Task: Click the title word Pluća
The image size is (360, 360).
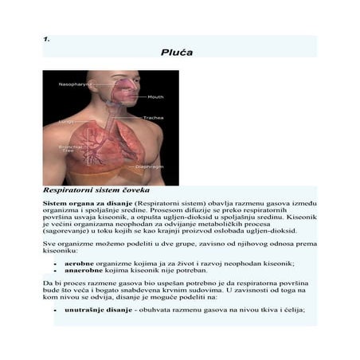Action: point(177,53)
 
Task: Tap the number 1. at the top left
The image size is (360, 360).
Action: point(47,38)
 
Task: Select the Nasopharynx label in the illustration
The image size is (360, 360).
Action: point(73,84)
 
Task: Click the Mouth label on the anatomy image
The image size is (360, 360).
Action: point(155,97)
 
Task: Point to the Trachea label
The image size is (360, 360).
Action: point(153,118)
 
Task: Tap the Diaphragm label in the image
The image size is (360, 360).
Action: point(149,166)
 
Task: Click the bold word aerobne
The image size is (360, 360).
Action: point(79,262)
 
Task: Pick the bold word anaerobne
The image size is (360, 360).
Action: point(82,270)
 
